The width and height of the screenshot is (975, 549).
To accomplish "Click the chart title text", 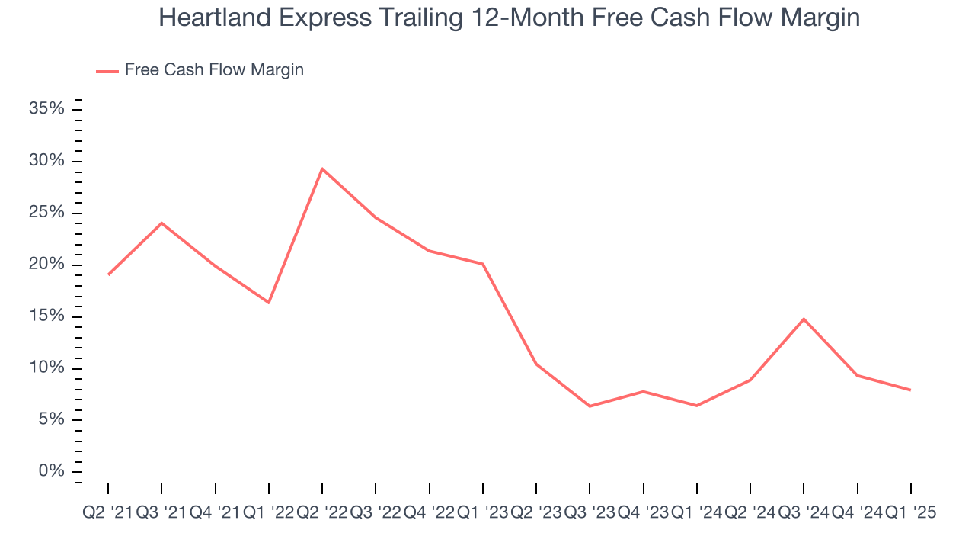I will [x=509, y=18].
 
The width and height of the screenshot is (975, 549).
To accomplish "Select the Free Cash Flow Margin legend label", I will [x=214, y=70].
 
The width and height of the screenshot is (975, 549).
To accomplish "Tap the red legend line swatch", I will [x=107, y=71].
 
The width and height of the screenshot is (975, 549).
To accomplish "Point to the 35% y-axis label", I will [x=46, y=109].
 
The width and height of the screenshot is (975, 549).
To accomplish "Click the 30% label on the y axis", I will [x=46, y=161].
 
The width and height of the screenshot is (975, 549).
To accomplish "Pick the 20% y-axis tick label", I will [x=46, y=265].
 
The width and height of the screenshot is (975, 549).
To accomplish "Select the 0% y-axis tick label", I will [x=50, y=471].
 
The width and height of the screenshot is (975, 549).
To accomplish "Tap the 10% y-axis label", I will [x=46, y=368].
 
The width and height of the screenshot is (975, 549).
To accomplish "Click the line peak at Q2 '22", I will [x=322, y=169].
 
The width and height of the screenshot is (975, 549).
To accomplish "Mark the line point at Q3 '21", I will [x=161, y=223].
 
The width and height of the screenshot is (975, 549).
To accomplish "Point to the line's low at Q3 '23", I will [x=590, y=406].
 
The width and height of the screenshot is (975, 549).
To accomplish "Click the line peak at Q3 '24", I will [x=804, y=319].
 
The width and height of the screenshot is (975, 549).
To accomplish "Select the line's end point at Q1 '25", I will [x=911, y=390].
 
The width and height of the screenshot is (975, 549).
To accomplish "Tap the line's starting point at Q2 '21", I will [x=108, y=274].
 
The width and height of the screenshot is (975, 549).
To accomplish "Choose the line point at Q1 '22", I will [x=269, y=303].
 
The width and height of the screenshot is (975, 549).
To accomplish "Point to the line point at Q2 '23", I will [x=536, y=364].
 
